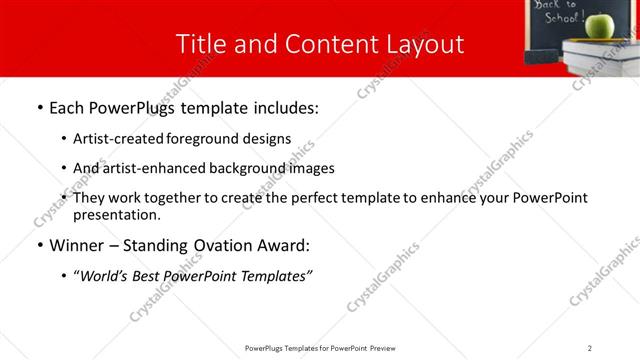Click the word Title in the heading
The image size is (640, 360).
(198, 45)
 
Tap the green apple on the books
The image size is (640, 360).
(599, 25)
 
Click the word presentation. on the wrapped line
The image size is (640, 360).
(116, 214)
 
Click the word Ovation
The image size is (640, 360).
(227, 245)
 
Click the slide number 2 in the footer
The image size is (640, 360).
(589, 347)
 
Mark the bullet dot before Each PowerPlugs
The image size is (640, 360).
(39, 108)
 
